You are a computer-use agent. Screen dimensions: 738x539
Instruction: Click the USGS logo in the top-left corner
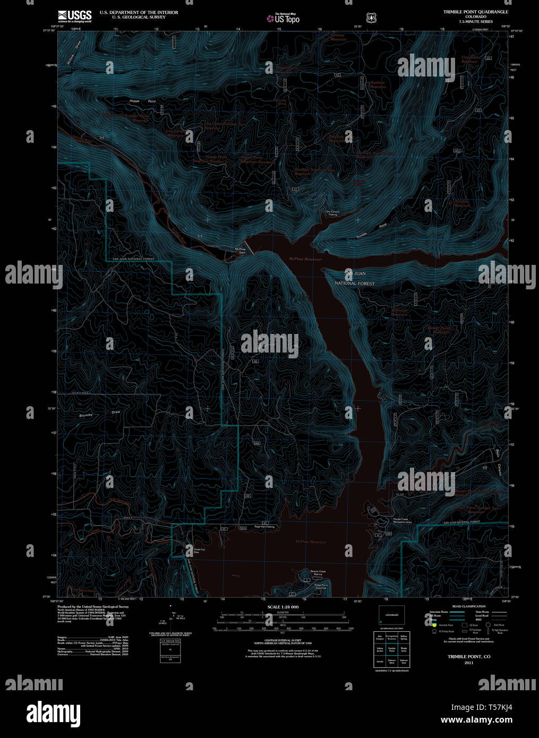click(x=74, y=15)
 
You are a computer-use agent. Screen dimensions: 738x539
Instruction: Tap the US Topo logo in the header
click(x=283, y=19)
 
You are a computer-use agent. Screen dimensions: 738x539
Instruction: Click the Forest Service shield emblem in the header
click(x=371, y=18)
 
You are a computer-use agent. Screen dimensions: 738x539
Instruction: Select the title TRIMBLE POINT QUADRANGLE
click(x=475, y=12)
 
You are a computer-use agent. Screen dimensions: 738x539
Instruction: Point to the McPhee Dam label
click(x=240, y=251)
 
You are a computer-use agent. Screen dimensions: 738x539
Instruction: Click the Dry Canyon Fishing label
click(x=332, y=213)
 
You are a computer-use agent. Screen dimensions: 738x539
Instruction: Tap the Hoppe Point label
click(x=142, y=101)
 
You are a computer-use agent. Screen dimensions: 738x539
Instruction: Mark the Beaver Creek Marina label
click(x=318, y=573)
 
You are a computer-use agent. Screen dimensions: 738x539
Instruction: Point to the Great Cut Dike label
click(x=199, y=551)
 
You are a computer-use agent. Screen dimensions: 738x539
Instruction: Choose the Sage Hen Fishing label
click(x=264, y=527)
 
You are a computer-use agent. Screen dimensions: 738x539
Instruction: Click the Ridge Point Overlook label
click(x=321, y=586)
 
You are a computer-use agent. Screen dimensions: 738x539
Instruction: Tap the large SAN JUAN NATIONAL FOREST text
click(x=355, y=279)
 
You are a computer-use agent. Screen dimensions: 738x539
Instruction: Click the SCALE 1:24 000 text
click(x=283, y=607)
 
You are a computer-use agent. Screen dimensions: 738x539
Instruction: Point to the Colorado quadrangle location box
click(x=391, y=615)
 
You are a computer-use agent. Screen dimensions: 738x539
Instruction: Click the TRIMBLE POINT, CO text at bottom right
click(x=468, y=657)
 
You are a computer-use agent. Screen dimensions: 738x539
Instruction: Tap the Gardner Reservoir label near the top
click(x=338, y=37)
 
